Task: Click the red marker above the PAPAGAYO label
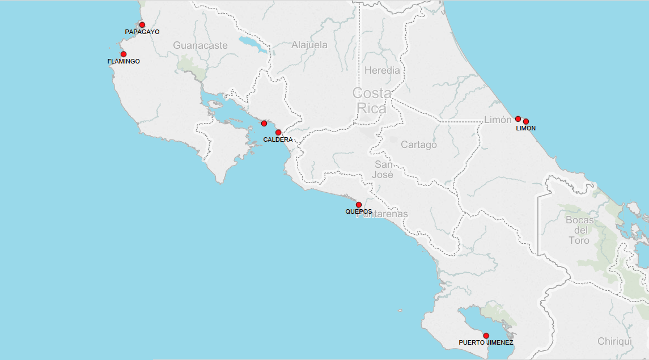click(142, 25)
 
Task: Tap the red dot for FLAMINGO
click(124, 54)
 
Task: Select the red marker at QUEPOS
click(359, 205)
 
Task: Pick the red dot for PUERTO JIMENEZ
click(486, 336)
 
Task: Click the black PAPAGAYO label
click(142, 32)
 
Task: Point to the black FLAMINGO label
click(124, 61)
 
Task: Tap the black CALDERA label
click(278, 139)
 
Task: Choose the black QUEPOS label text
click(359, 211)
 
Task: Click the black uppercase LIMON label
click(525, 128)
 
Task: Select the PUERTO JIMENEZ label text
click(486, 343)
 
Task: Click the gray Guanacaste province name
click(200, 45)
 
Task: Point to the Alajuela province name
click(309, 45)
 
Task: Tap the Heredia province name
click(382, 71)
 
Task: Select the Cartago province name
click(419, 145)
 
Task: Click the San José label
click(383, 170)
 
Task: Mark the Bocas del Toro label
click(579, 230)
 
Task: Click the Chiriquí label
click(614, 341)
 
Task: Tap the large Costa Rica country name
click(372, 100)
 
